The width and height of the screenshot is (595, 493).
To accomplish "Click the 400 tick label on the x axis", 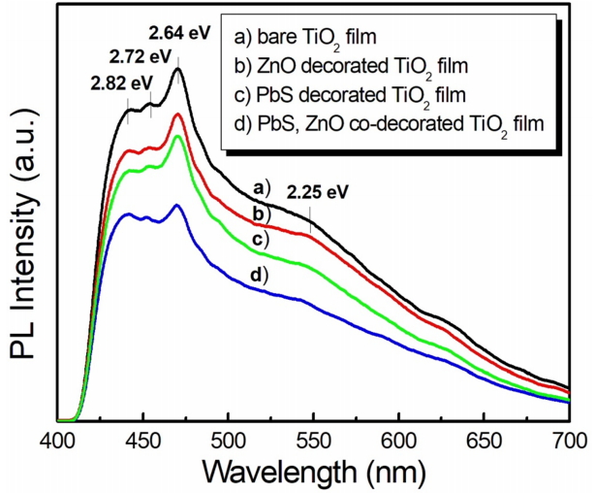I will point(58,438).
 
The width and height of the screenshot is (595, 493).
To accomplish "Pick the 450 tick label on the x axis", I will point(143,438).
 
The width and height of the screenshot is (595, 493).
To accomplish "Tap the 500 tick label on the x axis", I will point(228,438).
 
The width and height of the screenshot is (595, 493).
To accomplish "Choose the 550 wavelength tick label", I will point(313,438).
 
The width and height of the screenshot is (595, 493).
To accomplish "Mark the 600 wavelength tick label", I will point(398,438).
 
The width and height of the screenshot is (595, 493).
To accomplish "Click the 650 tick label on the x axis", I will point(484,438).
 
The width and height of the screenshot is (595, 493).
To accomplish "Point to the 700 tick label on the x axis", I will point(567,438).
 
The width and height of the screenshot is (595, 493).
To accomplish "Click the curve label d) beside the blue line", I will point(258,277).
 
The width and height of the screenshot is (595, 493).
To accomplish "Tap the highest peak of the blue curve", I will point(177,205).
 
